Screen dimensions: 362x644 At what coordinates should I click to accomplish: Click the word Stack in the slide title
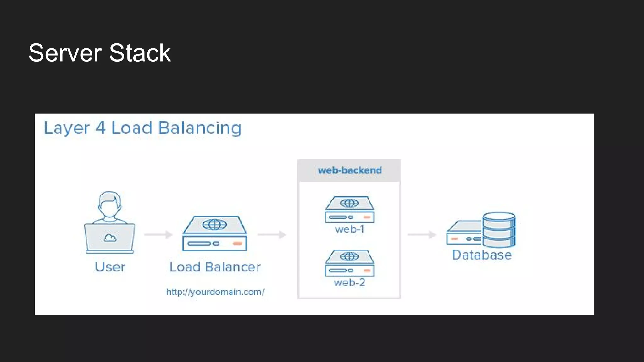pos(140,53)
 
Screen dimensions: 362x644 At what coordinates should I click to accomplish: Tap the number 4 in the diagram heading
pos(100,128)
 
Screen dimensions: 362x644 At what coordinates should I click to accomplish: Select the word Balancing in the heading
pos(200,128)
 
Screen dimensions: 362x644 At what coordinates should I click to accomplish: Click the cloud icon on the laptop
pos(110,238)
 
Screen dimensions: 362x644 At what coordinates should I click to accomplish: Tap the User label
pos(110,267)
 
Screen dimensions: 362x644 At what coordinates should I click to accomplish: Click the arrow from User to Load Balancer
pos(158,234)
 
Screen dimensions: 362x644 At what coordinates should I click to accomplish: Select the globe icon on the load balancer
pos(214,224)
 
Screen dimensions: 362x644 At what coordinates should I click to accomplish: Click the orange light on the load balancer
pos(237,244)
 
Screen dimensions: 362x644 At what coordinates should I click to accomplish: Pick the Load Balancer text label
pos(215,267)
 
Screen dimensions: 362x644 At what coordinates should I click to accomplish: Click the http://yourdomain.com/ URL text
pos(215,292)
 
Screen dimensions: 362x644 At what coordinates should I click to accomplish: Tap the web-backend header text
pos(350,170)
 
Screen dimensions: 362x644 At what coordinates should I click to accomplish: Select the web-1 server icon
pos(349,210)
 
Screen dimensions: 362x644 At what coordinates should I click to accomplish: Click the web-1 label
pos(349,229)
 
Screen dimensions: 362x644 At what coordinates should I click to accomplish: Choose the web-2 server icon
pos(349,263)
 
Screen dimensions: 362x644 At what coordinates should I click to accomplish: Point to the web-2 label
pos(349,283)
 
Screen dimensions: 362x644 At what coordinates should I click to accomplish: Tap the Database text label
pos(482,255)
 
